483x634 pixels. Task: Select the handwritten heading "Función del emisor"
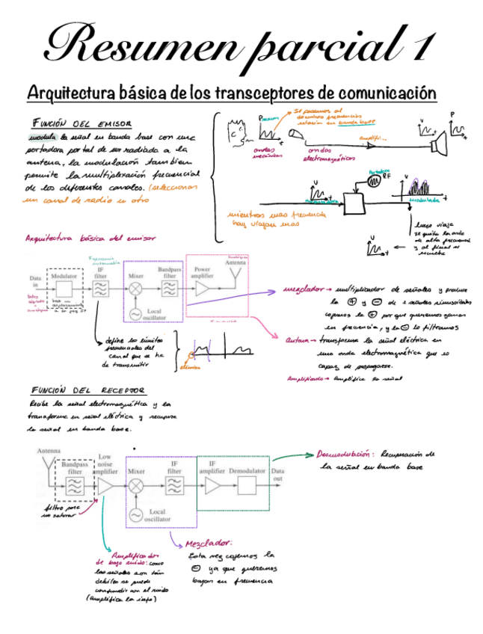pos(81,123)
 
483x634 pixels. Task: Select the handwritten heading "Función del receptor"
pos(88,390)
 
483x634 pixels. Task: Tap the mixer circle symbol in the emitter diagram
pos(135,289)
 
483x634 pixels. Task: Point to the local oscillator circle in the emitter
pos(135,314)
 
